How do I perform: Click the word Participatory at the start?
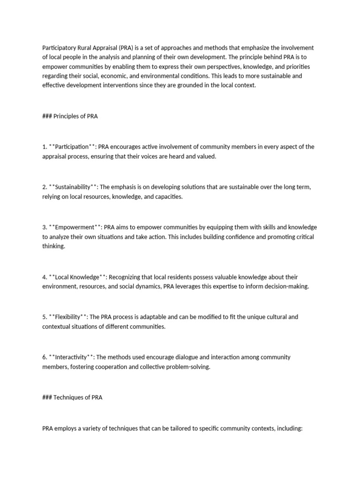[58, 48]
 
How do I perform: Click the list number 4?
[44, 277]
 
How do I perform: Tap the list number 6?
[44, 357]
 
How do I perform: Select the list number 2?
[44, 187]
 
